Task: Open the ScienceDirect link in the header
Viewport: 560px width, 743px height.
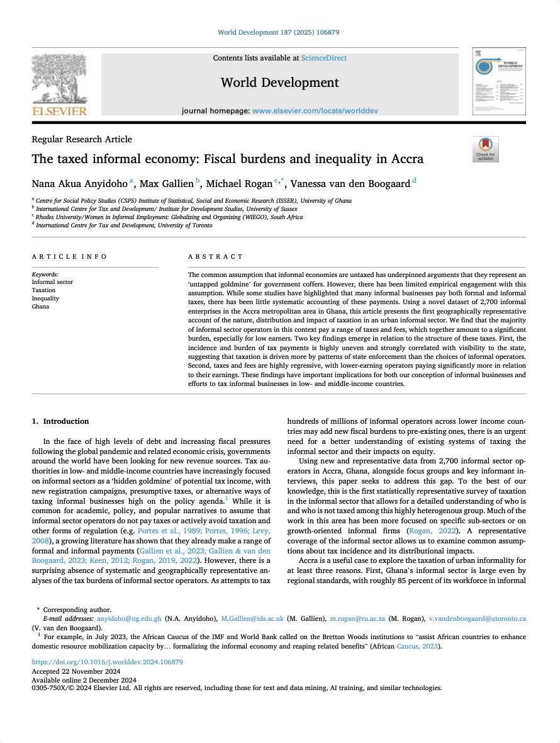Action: [x=323, y=58]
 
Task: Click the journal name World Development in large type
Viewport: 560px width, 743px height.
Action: [x=279, y=82]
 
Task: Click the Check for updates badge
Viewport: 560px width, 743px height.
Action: [x=485, y=149]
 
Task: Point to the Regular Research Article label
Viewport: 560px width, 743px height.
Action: [x=82, y=139]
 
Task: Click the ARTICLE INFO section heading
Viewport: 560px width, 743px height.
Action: [x=69, y=257]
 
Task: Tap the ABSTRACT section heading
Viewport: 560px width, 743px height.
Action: [x=215, y=257]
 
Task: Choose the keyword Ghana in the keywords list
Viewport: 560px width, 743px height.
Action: [x=40, y=307]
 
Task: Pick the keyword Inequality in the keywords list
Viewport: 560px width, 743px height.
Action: [x=44, y=298]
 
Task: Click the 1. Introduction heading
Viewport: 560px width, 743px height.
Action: [x=60, y=421]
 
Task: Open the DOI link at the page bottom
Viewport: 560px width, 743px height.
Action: [x=107, y=662]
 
